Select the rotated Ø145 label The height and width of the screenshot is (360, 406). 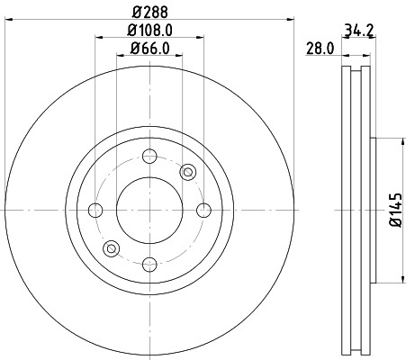[x=393, y=210]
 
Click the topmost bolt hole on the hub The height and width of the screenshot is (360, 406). [x=150, y=157]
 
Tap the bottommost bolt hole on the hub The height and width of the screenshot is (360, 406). [x=150, y=264]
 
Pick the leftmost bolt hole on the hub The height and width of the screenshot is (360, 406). [x=96, y=211]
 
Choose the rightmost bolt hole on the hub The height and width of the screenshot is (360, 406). [x=203, y=211]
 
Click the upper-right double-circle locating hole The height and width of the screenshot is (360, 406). [x=188, y=172]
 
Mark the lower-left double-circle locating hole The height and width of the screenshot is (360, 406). [x=112, y=248]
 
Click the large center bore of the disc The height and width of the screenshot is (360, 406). [x=150, y=211]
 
